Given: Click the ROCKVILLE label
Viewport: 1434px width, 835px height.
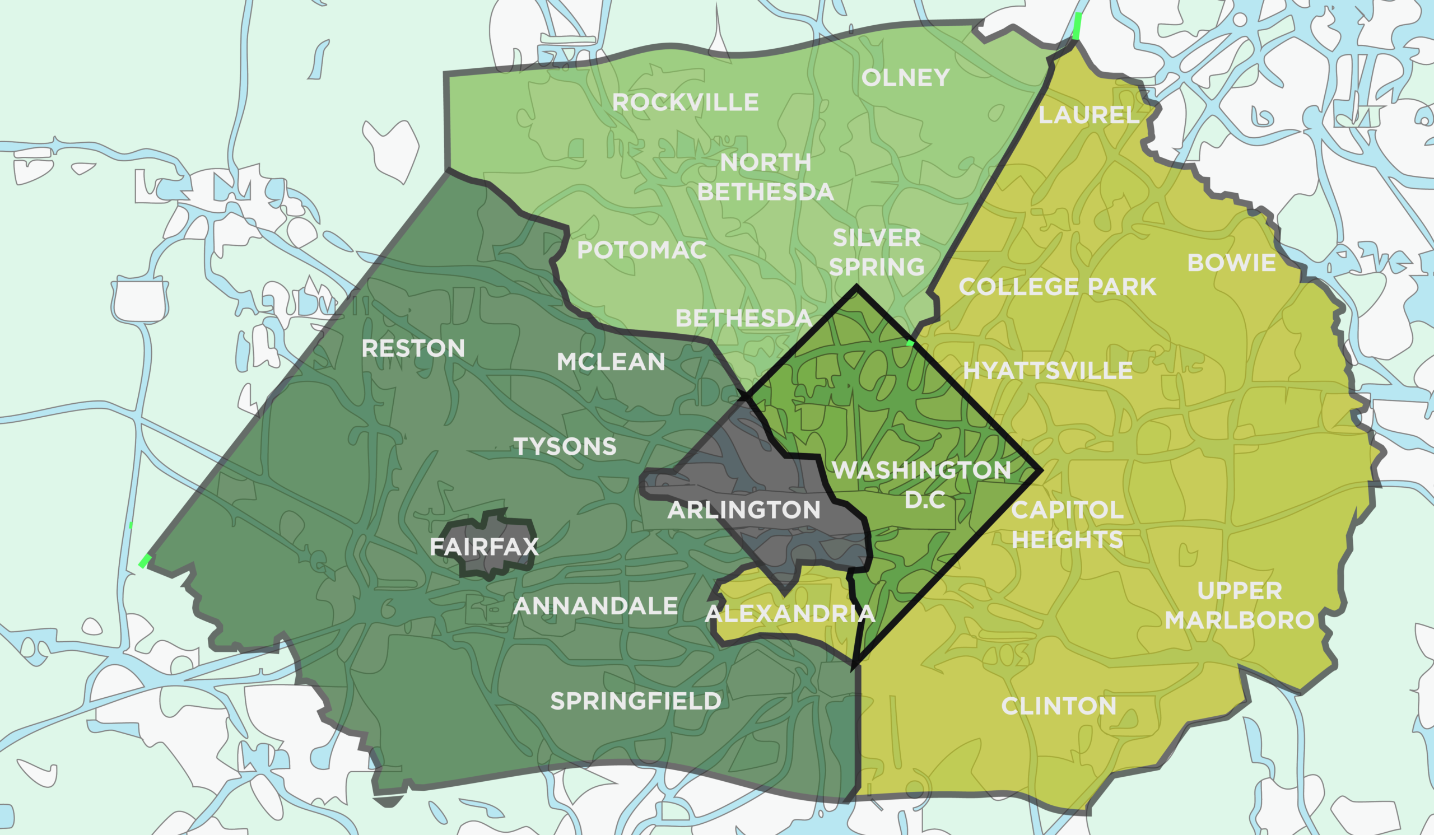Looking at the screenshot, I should tap(685, 102).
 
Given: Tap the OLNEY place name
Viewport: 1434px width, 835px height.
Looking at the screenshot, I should tap(905, 78).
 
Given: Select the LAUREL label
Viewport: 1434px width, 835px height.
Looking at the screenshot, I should tap(1088, 115).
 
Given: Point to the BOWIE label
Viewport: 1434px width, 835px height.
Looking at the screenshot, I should tap(1231, 263).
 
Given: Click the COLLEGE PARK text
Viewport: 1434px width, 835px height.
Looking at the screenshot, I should tap(1057, 287).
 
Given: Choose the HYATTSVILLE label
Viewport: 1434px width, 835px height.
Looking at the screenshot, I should tap(1047, 371).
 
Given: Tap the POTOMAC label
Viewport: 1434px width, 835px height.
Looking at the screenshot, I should tap(642, 250).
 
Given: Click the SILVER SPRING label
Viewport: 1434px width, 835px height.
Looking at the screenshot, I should tap(877, 253).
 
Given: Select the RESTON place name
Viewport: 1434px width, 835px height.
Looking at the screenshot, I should tap(413, 349).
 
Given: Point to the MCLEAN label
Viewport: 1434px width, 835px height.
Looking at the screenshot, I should tap(611, 362).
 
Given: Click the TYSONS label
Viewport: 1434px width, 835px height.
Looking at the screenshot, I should tap(565, 446).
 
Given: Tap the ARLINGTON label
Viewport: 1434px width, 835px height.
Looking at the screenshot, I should tap(744, 510).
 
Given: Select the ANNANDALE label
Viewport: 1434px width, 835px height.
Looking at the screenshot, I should tap(595, 607).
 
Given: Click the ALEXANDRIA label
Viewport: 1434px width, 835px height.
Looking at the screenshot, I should tap(790, 614).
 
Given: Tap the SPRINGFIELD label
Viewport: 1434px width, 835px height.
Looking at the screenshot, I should tap(636, 701).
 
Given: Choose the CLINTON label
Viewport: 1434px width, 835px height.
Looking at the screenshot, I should tap(1059, 706).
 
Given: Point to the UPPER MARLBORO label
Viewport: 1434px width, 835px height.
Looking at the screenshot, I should tap(1240, 605).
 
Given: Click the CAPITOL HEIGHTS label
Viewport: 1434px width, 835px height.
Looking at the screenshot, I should tap(1067, 525).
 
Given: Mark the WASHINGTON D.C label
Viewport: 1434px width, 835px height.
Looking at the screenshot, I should tap(922, 484).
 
